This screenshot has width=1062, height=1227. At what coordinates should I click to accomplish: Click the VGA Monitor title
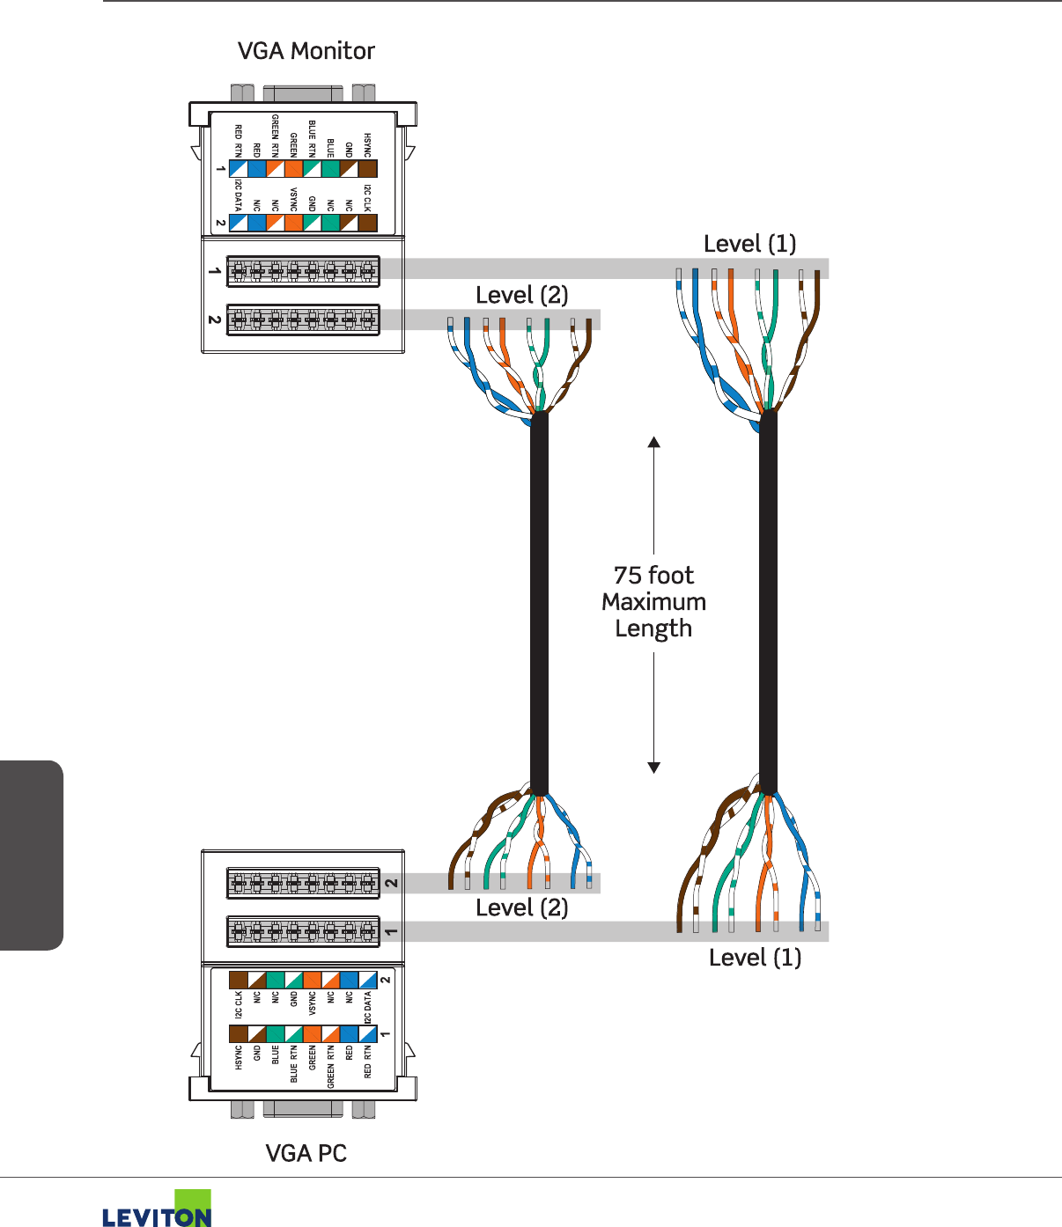306,51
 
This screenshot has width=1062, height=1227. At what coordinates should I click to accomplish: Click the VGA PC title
306,1153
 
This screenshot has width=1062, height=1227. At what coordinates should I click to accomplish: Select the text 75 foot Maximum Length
653,601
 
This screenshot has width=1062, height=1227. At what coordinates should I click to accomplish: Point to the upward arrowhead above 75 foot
653,442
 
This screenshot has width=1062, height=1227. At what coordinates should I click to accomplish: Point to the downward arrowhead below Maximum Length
653,768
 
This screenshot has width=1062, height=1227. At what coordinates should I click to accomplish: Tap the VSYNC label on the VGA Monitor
293,200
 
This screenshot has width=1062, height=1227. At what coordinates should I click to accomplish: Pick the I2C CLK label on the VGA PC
238,1004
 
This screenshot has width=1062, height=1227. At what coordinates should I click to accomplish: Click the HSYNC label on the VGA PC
238,1057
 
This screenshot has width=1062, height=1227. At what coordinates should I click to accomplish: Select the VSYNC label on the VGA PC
312,1003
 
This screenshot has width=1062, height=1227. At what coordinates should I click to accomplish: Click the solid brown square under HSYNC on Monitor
367,169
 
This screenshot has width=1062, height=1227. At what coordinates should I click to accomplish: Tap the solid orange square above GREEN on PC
312,1033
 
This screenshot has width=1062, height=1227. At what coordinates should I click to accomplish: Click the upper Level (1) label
749,244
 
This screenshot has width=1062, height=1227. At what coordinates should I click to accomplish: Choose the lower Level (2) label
521,907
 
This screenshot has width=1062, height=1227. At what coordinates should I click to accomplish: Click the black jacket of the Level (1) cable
768,599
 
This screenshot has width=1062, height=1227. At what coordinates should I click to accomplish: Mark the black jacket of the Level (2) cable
539,599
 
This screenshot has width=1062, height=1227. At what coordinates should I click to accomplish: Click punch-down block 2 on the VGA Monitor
303,320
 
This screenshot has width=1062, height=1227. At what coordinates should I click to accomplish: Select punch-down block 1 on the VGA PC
303,931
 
